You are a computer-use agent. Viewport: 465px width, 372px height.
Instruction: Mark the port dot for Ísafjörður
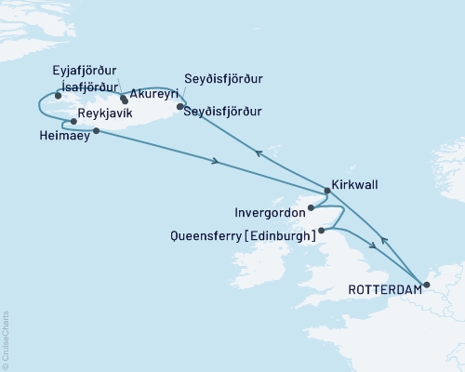[59, 95]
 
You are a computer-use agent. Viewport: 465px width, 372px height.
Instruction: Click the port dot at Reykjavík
[73, 121]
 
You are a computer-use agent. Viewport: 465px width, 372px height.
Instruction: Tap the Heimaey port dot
[96, 131]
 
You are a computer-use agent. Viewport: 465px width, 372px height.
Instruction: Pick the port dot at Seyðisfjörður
[179, 106]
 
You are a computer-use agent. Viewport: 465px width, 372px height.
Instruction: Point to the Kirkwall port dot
[325, 192]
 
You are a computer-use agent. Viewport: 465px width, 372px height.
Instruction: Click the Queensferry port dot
[321, 230]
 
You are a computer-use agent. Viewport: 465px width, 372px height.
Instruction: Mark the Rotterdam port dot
[426, 284]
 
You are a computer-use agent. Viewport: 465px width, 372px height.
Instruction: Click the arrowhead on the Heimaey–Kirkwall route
[216, 162]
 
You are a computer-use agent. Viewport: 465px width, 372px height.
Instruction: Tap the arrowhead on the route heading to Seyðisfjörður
[259, 155]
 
